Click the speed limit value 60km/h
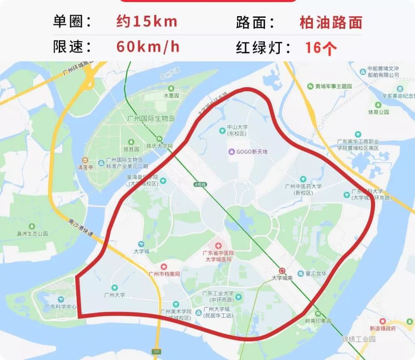(x=148, y=46)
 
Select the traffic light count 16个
(x=321, y=48)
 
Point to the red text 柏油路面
(x=331, y=22)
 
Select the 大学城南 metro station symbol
(x=282, y=270)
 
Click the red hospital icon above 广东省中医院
(x=218, y=246)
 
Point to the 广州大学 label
(x=114, y=295)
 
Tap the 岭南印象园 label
(x=318, y=321)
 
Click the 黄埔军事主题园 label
(x=333, y=86)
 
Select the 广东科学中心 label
(x=61, y=307)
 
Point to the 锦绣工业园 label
(x=359, y=339)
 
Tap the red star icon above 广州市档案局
(x=164, y=266)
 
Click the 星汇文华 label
(x=316, y=273)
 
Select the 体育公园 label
(x=378, y=112)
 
